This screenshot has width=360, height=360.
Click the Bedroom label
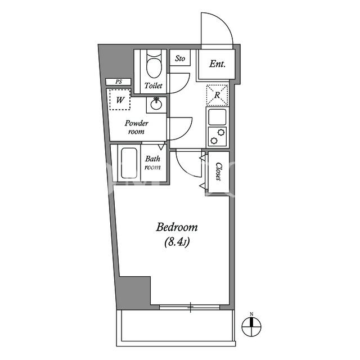point(177,227)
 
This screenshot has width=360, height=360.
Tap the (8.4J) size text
point(177,242)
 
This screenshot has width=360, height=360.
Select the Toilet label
point(154,85)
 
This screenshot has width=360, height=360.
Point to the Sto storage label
point(180,58)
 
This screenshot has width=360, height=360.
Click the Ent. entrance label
point(217,64)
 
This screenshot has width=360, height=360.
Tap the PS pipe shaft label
point(119,82)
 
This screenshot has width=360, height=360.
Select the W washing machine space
point(120,100)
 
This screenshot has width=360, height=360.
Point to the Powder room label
point(136,127)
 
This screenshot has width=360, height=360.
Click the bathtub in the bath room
point(129,163)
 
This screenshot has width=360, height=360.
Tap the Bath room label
point(152,163)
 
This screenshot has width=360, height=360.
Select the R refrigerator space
point(217,95)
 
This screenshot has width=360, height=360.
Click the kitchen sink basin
point(217,117)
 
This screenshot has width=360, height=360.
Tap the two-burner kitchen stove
point(217,137)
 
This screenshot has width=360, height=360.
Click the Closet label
point(219,172)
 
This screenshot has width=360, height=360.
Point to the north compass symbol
point(251,327)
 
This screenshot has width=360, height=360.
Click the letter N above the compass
point(251,314)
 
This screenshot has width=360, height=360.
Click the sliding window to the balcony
point(190,307)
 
